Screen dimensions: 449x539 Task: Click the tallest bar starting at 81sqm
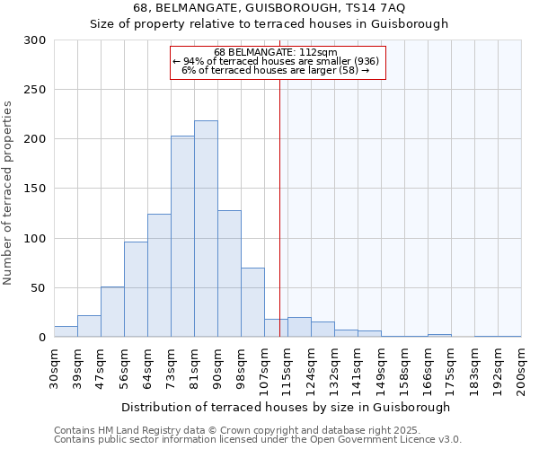click(206, 229)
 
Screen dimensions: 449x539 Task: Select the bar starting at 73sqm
click(182, 236)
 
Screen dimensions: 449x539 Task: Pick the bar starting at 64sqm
click(159, 276)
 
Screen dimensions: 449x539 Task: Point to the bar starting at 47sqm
click(112, 313)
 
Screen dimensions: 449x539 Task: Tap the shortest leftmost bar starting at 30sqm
click(66, 331)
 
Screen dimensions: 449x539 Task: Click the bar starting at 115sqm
click(299, 328)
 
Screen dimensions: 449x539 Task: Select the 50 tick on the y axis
click(38, 288)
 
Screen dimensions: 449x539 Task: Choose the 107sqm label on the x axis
click(264, 366)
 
